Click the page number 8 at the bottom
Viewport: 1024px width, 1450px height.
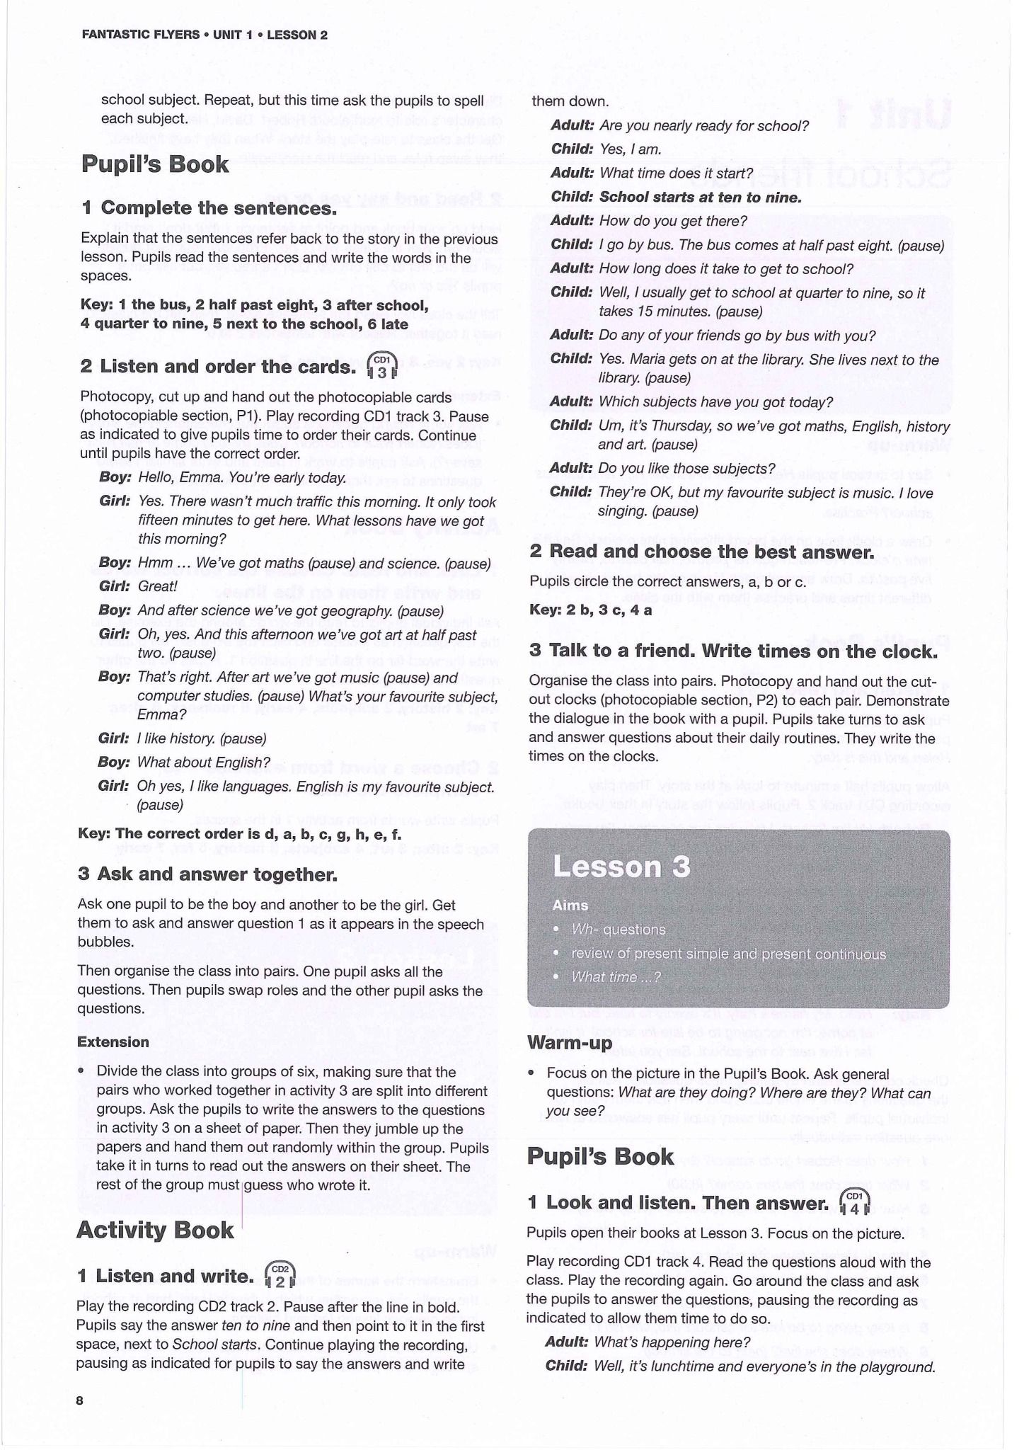(x=80, y=1400)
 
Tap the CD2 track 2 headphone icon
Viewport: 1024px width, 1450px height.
(x=280, y=1276)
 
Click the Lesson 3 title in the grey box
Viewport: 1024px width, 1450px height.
(x=621, y=867)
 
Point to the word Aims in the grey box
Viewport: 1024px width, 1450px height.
(x=570, y=905)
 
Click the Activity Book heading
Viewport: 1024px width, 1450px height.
(x=155, y=1230)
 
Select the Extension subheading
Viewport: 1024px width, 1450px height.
(x=113, y=1041)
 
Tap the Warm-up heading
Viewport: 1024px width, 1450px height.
(x=570, y=1042)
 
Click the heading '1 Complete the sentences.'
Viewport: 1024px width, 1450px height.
(x=209, y=208)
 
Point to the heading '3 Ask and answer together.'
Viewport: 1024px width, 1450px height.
(x=207, y=874)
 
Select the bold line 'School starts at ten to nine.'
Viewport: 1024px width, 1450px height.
(x=700, y=198)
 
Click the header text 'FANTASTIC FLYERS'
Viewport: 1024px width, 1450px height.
(x=140, y=35)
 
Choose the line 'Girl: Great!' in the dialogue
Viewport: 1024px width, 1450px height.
(x=138, y=586)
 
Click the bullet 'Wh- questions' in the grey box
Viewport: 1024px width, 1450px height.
(x=619, y=929)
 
